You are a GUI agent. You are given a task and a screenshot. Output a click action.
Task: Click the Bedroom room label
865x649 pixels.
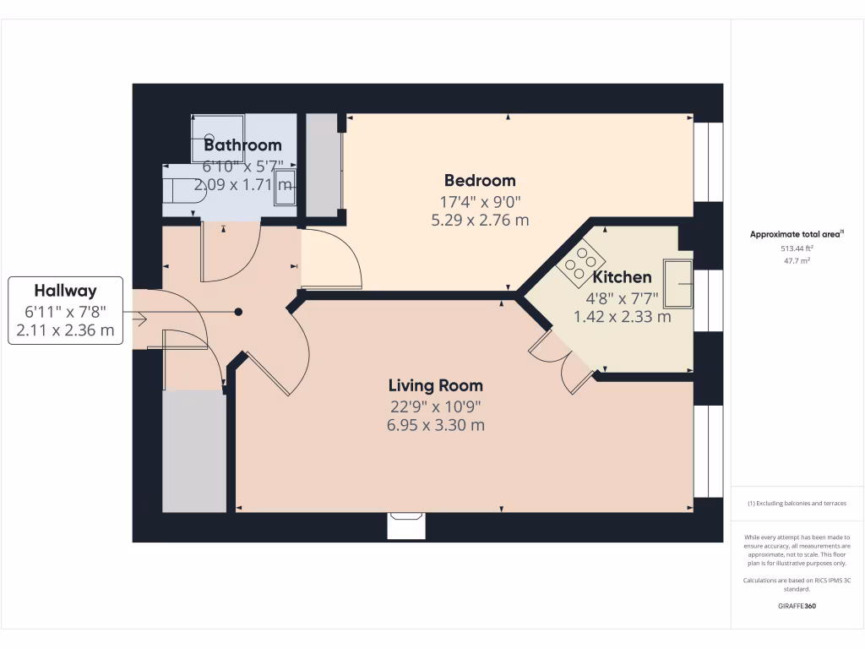(x=480, y=180)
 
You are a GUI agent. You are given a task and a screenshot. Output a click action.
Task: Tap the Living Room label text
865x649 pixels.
(x=435, y=385)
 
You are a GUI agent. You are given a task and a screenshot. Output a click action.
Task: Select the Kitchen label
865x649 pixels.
(x=622, y=277)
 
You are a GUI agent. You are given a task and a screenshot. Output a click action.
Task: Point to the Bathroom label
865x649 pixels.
(x=242, y=145)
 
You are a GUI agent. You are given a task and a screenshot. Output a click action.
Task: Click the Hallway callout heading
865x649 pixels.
(x=65, y=290)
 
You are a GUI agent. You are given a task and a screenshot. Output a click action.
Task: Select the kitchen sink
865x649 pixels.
(x=677, y=284)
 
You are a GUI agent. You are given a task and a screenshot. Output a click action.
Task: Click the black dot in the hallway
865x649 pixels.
(x=239, y=312)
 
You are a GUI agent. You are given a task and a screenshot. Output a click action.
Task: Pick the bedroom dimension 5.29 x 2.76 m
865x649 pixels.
(x=480, y=221)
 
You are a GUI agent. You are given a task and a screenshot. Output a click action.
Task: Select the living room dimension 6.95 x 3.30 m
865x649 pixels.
(x=435, y=425)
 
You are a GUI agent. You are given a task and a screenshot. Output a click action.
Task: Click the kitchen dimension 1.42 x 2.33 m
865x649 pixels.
(x=622, y=317)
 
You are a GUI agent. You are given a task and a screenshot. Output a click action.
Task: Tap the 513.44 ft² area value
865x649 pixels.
(x=797, y=249)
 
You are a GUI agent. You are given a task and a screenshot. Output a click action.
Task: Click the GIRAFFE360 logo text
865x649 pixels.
(x=797, y=606)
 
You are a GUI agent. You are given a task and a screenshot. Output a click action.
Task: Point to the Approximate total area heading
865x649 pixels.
(x=797, y=234)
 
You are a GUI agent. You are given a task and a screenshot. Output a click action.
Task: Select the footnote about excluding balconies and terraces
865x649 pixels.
(x=797, y=504)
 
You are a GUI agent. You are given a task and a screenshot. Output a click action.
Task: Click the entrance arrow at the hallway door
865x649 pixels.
(x=139, y=319)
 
